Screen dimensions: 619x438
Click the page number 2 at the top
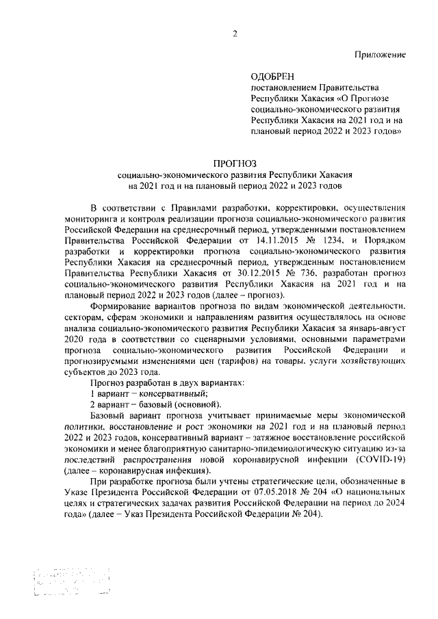[x=234, y=36]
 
